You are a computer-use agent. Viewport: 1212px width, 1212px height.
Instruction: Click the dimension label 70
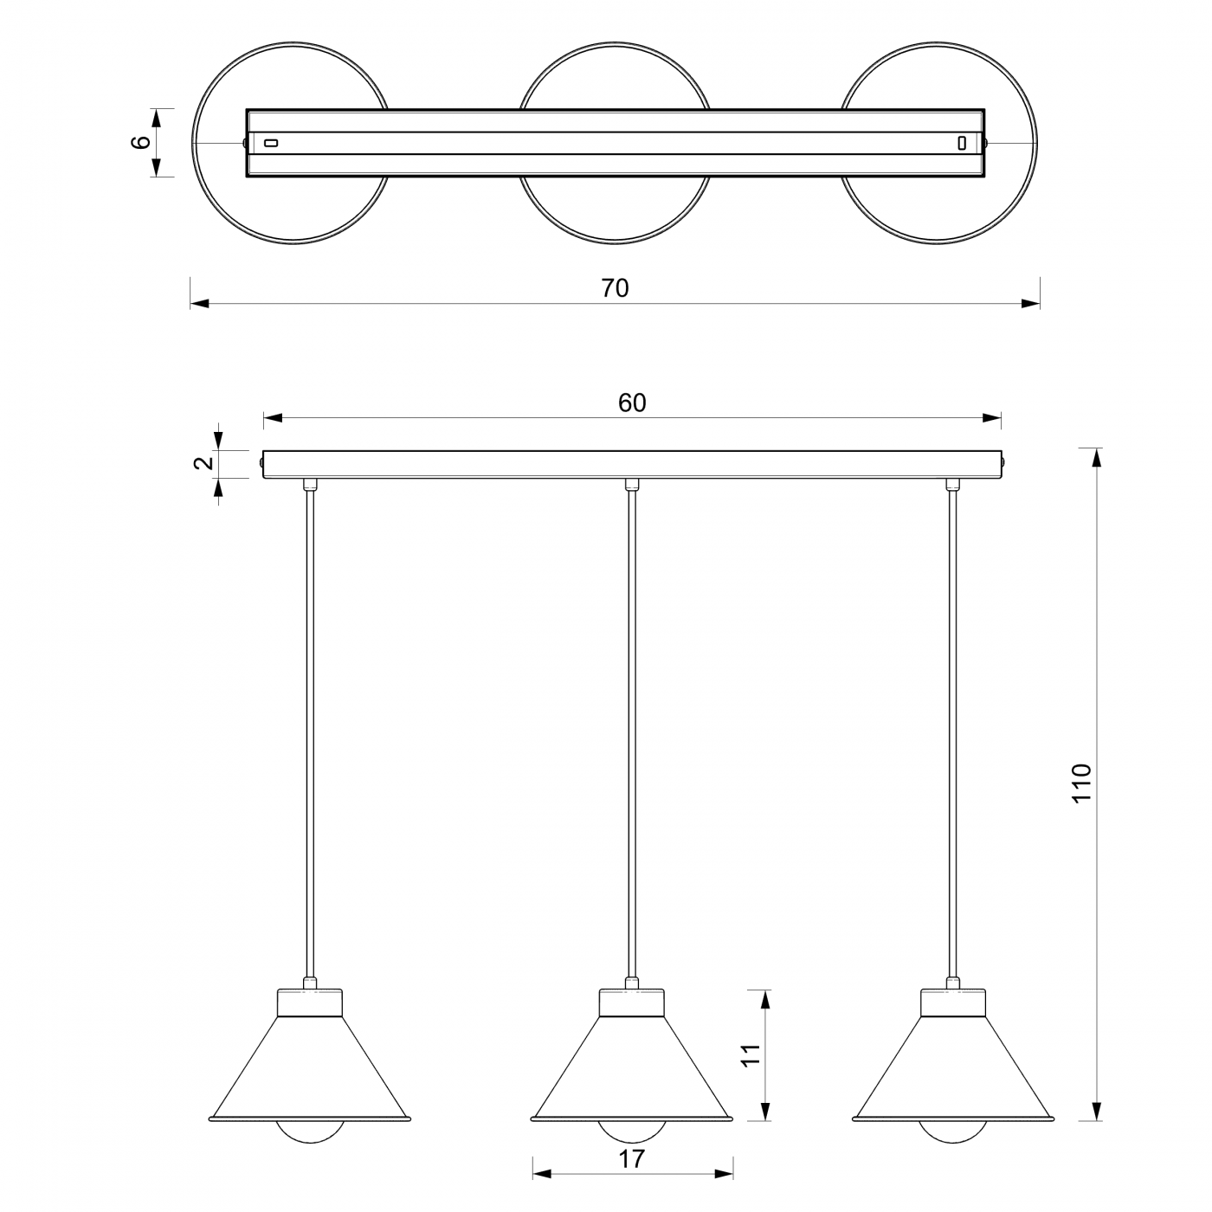615,288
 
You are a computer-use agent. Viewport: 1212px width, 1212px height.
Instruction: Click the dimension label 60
631,403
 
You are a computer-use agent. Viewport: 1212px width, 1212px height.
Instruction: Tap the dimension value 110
1081,783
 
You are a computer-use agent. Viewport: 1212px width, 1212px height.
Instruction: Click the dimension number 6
141,142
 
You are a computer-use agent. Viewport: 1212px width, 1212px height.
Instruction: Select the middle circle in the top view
615,43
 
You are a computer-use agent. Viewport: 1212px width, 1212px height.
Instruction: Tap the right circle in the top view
1036,143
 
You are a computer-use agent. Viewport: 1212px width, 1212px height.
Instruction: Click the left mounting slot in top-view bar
271,143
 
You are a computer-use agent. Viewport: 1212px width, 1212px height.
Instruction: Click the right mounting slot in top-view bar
961,143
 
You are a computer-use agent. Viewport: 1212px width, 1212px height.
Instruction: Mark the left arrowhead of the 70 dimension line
199,304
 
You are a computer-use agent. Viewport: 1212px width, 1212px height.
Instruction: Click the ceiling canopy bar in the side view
631,464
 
